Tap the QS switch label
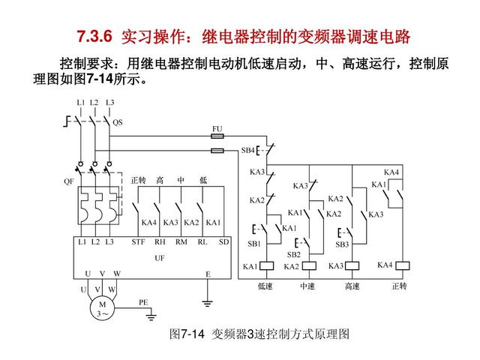117,122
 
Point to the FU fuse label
217,129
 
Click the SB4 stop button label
247,150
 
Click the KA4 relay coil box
403,265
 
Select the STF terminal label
139,241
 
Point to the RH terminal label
160,241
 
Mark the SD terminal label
223,241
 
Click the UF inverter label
160,257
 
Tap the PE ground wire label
143,301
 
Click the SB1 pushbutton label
254,243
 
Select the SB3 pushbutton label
342,244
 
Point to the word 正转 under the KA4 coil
399,286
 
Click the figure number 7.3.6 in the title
94,35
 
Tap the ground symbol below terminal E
208,303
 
